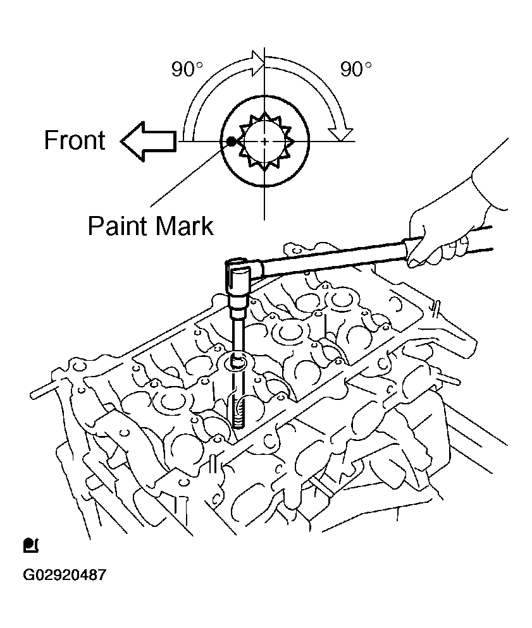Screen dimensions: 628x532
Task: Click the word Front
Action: click(74, 140)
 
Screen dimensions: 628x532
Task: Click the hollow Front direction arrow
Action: click(147, 141)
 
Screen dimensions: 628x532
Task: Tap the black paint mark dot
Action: click(231, 142)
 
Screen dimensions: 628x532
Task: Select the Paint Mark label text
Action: click(150, 226)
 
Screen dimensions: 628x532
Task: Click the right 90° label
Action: click(356, 69)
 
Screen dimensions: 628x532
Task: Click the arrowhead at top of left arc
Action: click(256, 61)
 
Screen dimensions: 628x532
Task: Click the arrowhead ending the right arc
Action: click(343, 133)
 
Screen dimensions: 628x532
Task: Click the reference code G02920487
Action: click(64, 576)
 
